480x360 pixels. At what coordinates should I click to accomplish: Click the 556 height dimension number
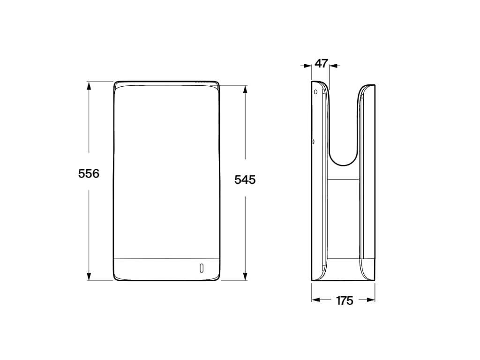click(89, 173)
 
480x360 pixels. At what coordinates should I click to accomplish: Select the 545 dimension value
click(245, 179)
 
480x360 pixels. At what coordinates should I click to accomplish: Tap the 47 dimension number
click(321, 64)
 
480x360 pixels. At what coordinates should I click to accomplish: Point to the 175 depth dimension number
click(345, 301)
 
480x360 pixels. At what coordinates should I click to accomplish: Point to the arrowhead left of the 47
click(308, 66)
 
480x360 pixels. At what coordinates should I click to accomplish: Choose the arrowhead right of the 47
click(333, 66)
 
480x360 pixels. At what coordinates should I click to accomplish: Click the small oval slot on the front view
click(202, 268)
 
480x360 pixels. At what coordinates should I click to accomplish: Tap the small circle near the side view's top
click(315, 91)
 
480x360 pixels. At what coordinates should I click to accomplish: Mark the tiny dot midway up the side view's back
click(313, 141)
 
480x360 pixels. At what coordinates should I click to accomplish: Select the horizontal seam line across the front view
click(166, 258)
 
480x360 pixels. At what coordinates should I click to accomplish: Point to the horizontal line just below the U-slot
click(343, 179)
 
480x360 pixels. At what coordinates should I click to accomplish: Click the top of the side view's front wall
click(367, 86)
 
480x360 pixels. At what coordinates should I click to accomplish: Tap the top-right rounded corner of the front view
click(217, 84)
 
